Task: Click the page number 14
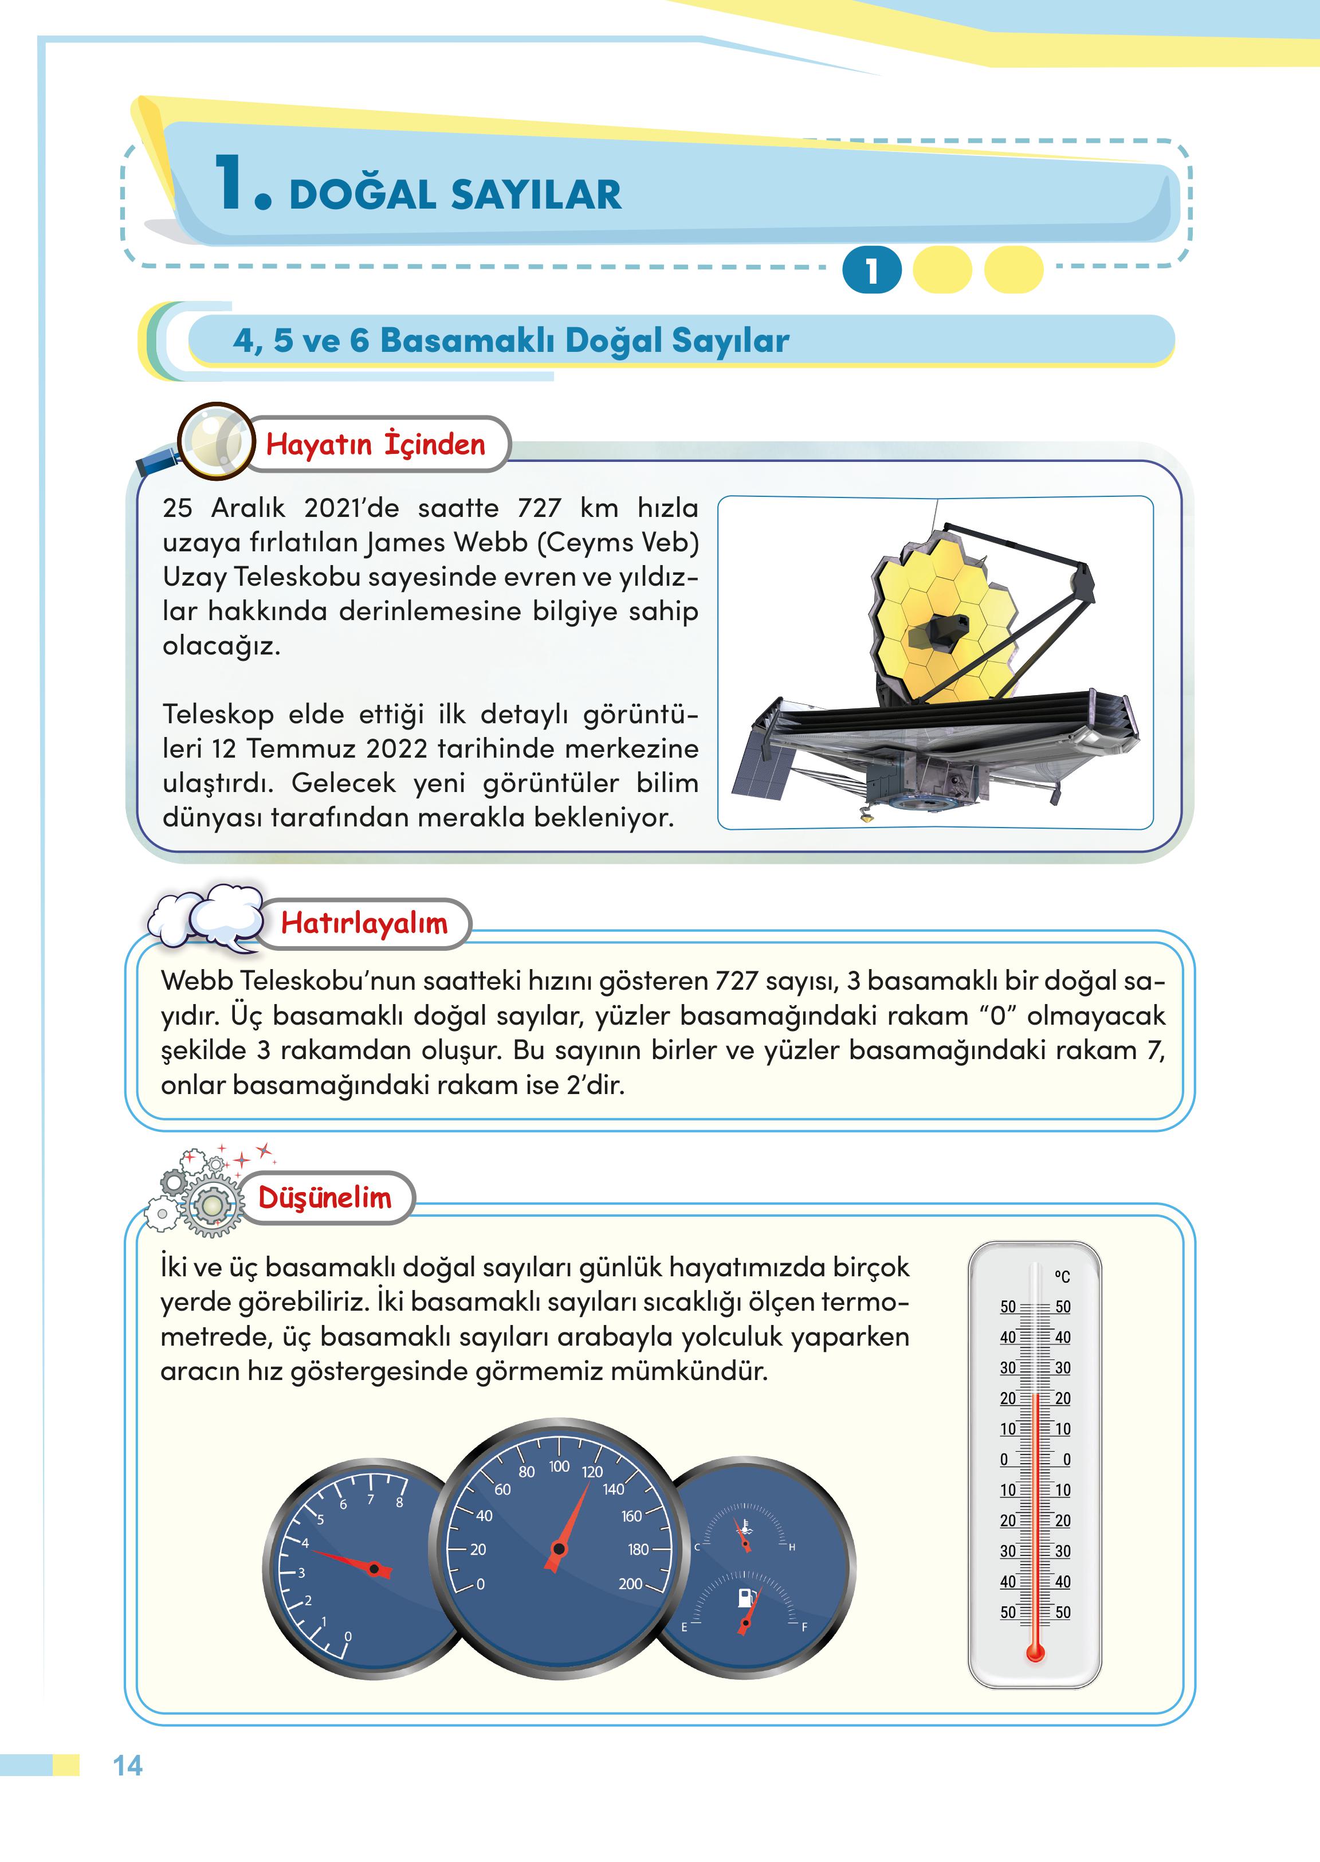click(x=128, y=1765)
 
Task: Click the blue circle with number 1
click(x=871, y=270)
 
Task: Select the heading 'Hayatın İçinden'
click(x=375, y=444)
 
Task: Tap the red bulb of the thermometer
click(x=1035, y=1652)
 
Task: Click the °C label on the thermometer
click(x=1062, y=1276)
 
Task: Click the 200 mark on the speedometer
click(x=631, y=1583)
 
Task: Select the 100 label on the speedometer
click(x=559, y=1466)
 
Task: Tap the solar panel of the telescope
click(x=761, y=769)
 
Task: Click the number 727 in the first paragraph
click(x=539, y=507)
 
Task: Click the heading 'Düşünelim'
click(x=324, y=1198)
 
